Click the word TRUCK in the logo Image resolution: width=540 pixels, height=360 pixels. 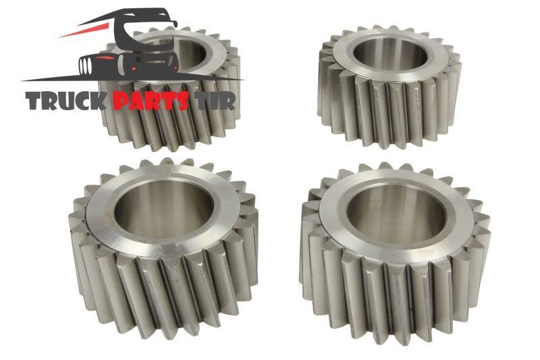tap(65, 101)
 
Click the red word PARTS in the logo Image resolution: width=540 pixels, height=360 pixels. tap(151, 101)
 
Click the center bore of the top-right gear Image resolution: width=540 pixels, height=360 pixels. tap(391, 55)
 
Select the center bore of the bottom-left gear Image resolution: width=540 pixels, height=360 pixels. tap(164, 209)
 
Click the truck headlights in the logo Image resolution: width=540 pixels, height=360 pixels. tap(85, 66)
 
